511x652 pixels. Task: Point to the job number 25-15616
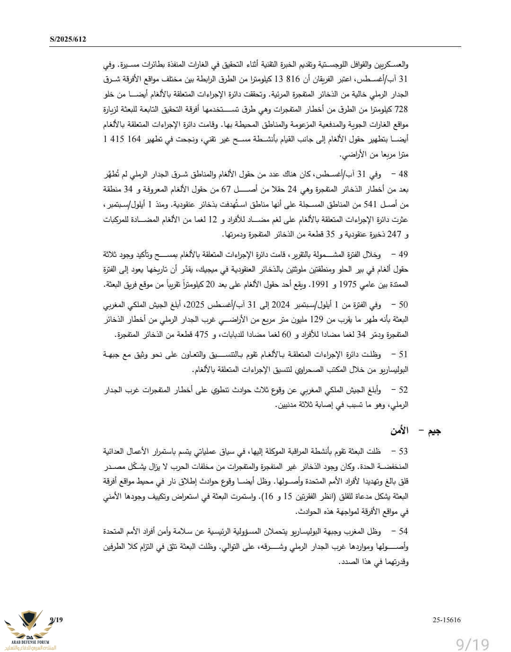point(447,620)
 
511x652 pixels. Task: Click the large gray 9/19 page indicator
point(472,644)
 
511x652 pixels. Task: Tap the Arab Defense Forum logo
point(30,630)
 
